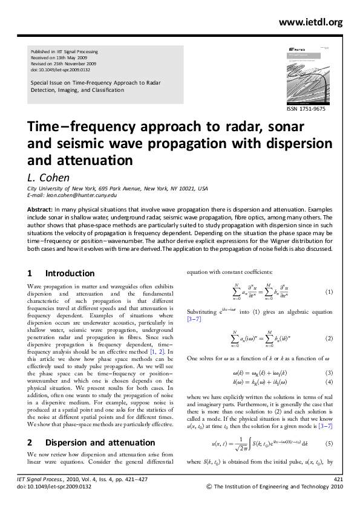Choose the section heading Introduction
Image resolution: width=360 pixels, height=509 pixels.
pyautogui.click(x=70, y=273)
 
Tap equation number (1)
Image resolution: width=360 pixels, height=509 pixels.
pyautogui.click(x=329, y=292)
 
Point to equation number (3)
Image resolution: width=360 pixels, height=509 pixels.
pyautogui.click(x=329, y=372)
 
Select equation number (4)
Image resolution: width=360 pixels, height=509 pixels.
pyautogui.click(x=329, y=383)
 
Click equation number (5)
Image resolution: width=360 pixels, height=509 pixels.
pyautogui.click(x=329, y=444)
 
